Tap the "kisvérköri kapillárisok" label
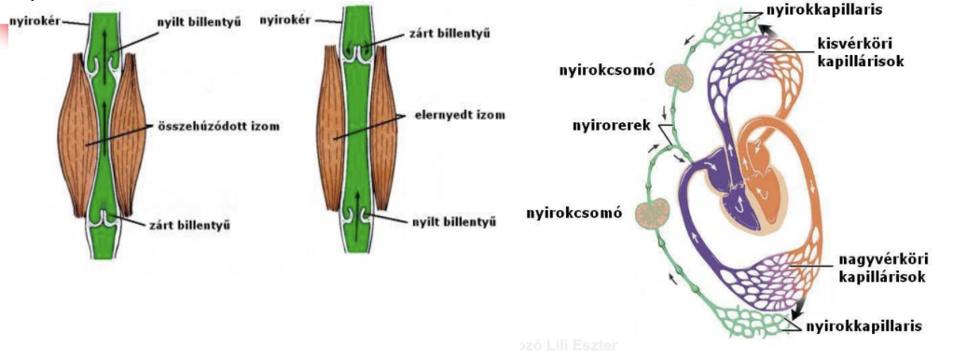(853, 53)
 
